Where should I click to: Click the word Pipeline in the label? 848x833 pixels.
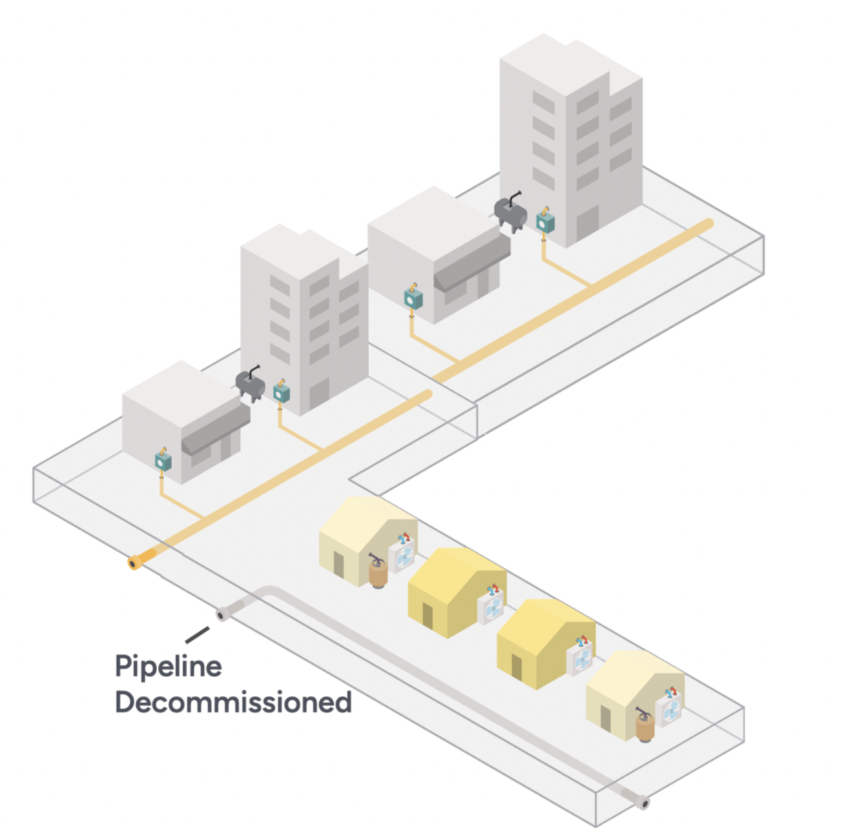pyautogui.click(x=168, y=667)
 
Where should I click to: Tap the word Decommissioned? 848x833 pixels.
pyautogui.click(x=233, y=702)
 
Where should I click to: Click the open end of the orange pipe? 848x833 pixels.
pyautogui.click(x=133, y=564)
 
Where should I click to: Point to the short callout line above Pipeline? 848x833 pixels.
pyautogui.click(x=197, y=635)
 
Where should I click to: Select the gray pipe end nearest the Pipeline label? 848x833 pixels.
pyautogui.click(x=222, y=615)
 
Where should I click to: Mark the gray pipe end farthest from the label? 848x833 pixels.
pyautogui.click(x=642, y=803)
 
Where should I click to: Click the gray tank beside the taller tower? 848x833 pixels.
pyautogui.click(x=510, y=213)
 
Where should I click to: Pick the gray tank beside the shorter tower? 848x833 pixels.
pyautogui.click(x=250, y=385)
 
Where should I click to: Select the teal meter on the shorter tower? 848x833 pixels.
pyautogui.click(x=281, y=392)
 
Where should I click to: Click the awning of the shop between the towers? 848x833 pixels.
pyautogui.click(x=471, y=261)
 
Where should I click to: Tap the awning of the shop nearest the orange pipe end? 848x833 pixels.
pyautogui.click(x=215, y=428)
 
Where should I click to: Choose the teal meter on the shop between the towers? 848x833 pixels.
pyautogui.click(x=413, y=299)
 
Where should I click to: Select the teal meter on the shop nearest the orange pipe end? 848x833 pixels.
pyautogui.click(x=163, y=460)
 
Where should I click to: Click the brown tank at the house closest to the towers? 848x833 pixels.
pyautogui.click(x=377, y=574)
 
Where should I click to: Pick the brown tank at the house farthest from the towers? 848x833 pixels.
pyautogui.click(x=645, y=727)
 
